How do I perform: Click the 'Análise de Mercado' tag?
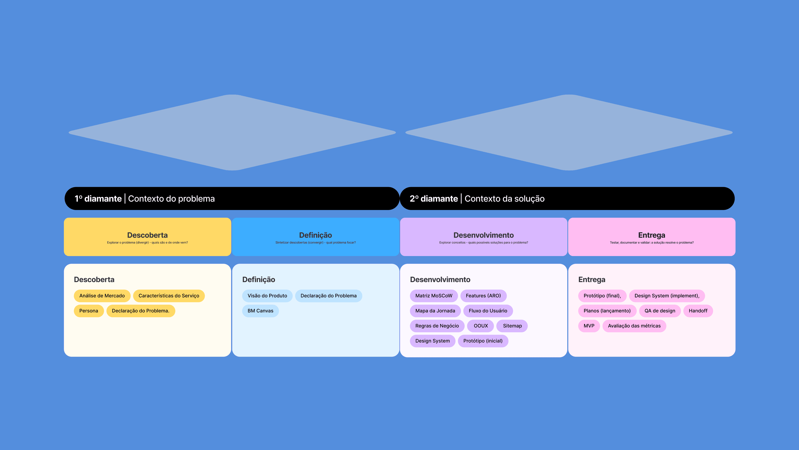coord(102,296)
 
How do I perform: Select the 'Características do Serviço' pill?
coord(169,296)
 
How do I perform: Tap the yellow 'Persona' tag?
coord(89,311)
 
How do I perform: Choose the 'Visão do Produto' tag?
coord(267,296)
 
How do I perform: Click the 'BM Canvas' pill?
coord(260,311)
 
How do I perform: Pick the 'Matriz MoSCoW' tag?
coord(434,296)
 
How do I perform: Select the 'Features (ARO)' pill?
coord(483,296)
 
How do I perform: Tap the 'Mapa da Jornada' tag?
coord(435,311)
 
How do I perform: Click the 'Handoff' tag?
coord(698,311)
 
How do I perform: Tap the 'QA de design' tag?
coord(660,311)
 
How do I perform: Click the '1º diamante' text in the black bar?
coord(98,199)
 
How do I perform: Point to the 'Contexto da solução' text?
coord(504,199)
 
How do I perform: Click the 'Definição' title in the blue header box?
coord(315,235)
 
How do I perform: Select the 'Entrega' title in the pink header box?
coord(651,235)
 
